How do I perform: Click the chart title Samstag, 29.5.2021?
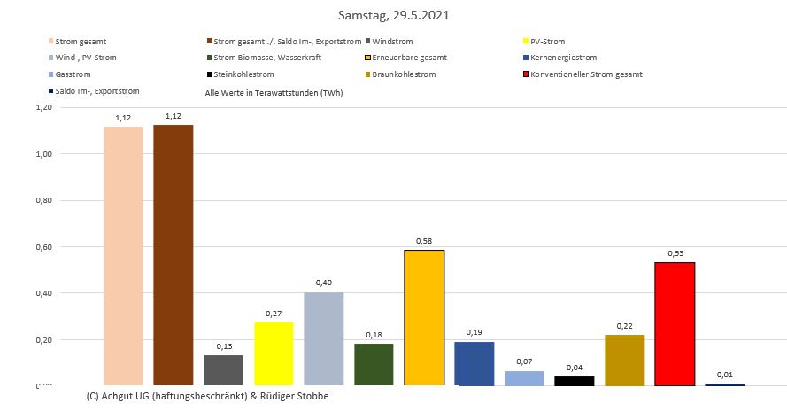coord(393,16)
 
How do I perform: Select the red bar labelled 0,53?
coord(675,323)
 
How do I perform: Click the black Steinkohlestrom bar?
coord(575,381)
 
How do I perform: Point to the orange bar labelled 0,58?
coord(424,317)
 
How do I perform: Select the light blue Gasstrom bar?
coord(524,378)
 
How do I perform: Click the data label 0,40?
coord(323,283)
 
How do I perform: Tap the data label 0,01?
coord(725,375)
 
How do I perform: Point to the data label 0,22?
coord(624,325)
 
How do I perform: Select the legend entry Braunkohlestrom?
coord(405,74)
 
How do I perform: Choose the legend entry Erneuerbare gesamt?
coord(409,58)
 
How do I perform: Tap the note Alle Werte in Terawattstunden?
coord(274,91)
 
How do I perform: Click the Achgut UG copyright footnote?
coord(208,396)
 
